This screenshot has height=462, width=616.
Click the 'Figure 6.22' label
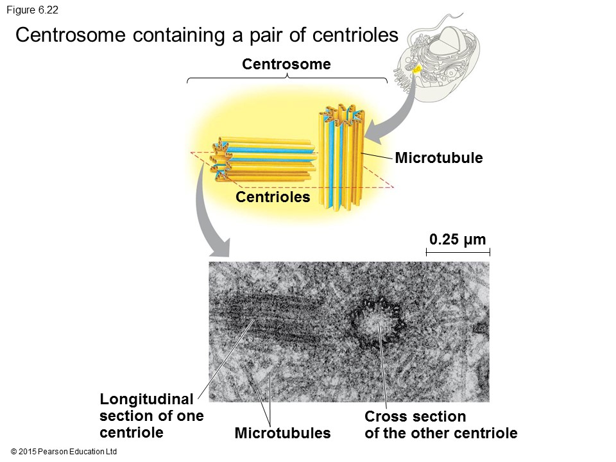point(32,10)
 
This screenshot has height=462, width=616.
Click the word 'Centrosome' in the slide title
point(71,35)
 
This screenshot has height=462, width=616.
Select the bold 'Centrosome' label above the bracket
point(286,64)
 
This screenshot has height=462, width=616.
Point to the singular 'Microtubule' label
point(438,157)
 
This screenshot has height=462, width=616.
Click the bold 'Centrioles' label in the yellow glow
point(273,197)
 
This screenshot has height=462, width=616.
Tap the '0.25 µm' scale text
point(458,240)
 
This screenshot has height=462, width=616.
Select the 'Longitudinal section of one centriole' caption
point(151,415)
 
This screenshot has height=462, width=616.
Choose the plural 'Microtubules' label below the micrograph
point(282,433)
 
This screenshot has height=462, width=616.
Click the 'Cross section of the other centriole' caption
point(441,425)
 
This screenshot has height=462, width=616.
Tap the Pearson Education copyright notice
point(64,452)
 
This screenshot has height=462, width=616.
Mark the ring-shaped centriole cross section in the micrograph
point(376,321)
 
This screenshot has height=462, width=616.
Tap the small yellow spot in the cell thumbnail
point(417,69)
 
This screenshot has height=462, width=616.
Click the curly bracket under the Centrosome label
point(287,80)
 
